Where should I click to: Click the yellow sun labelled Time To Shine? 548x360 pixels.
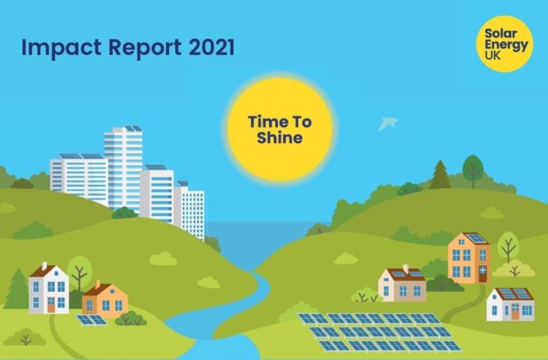click(280, 129)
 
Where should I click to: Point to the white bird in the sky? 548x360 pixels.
click(388, 123)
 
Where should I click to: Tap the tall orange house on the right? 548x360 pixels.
click(469, 257)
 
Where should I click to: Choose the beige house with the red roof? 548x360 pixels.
click(402, 283)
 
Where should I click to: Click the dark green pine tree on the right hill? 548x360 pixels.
click(441, 175)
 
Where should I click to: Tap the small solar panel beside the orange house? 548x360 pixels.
click(92, 320)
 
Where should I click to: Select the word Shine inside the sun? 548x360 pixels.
click(280, 138)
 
